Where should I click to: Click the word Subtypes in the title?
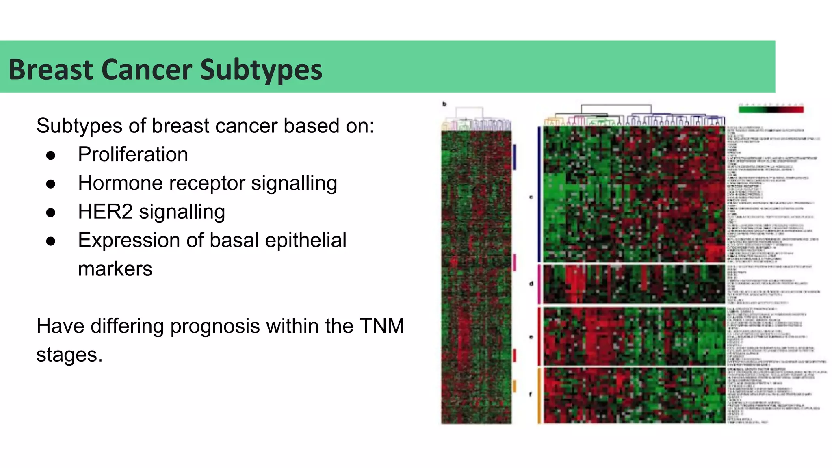pos(261,70)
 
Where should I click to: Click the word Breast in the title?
pos(51,70)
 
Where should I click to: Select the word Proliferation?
pos(133,154)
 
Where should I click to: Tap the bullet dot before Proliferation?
pos(51,156)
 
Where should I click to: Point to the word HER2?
pos(105,212)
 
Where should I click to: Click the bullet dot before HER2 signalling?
pos(51,213)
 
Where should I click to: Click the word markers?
pos(115,269)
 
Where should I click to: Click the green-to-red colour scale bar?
pos(771,109)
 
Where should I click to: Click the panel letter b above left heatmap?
pos(444,104)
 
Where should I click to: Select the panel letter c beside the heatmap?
pos(531,197)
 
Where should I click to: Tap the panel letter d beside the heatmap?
pos(531,284)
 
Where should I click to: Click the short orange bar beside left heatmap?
pos(514,386)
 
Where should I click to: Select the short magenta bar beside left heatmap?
pos(514,262)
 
